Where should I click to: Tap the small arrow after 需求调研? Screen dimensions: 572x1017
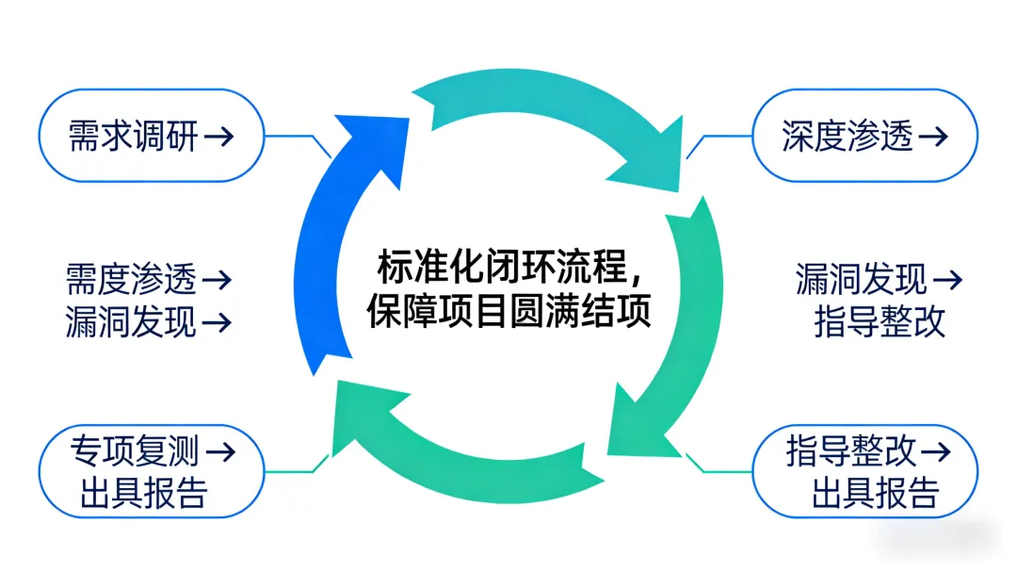(218, 137)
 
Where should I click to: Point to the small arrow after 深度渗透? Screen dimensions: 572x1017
(933, 137)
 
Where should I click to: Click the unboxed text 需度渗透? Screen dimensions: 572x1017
(131, 280)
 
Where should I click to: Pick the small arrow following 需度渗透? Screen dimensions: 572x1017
(218, 280)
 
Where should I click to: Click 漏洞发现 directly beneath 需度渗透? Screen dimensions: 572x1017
(131, 322)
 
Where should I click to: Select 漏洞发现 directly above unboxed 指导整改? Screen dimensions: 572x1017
(861, 280)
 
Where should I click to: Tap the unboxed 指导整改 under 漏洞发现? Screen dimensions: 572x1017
(880, 322)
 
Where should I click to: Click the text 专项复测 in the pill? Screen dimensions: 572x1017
(135, 450)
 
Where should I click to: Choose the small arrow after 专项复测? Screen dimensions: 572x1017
(220, 450)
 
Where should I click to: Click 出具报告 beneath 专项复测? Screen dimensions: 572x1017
(143, 492)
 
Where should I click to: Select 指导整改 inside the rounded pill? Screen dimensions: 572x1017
(850, 450)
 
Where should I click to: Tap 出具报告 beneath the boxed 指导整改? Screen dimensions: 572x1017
(876, 492)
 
